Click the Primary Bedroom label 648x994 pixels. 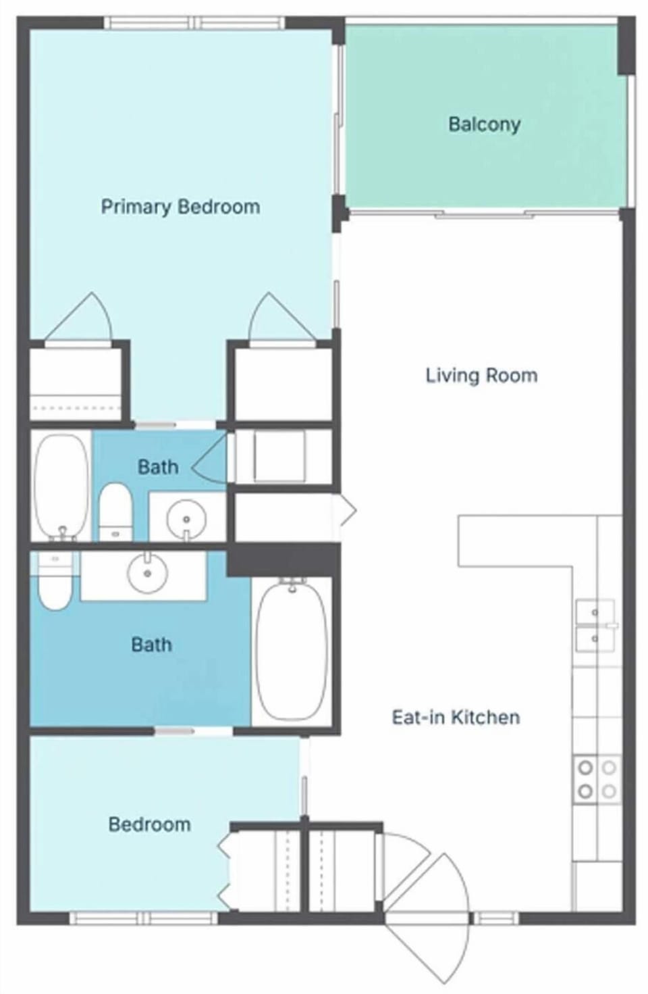point(180,206)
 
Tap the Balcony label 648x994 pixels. point(484,124)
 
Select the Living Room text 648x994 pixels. point(481,375)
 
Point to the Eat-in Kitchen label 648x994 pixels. point(456,717)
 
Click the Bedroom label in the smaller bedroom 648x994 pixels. point(149,824)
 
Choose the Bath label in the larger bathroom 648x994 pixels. point(151,644)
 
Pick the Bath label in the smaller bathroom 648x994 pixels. point(158,466)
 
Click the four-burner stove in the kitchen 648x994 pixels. point(597,779)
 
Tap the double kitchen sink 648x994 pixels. point(595,625)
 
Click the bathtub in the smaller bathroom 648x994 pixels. point(61,486)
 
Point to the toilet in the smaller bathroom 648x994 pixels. point(115,512)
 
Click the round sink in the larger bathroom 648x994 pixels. point(147,574)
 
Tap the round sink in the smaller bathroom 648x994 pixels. point(186,518)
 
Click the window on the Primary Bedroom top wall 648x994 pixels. point(194,23)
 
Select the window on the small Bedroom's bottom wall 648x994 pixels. point(143,918)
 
